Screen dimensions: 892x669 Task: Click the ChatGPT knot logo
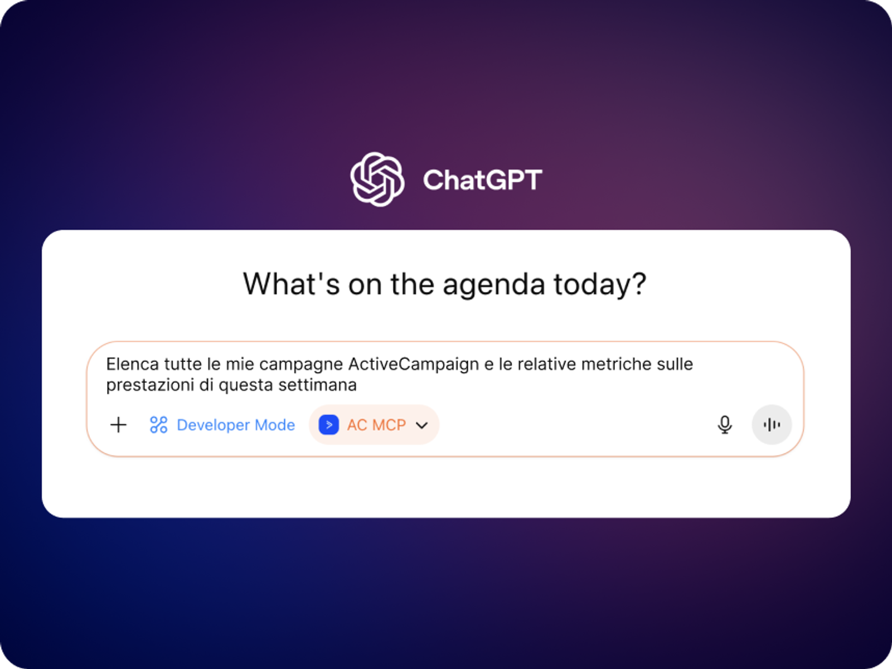[x=377, y=179]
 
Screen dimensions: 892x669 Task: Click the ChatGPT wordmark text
[x=482, y=180]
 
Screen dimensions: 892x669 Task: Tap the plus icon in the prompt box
[x=119, y=425]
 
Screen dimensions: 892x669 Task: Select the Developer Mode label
[x=236, y=425]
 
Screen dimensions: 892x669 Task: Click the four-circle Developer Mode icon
[x=158, y=425]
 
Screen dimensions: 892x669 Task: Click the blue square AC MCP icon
[x=329, y=425]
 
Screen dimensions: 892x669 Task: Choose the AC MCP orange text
[x=376, y=425]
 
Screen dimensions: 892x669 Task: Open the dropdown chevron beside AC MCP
[x=422, y=425]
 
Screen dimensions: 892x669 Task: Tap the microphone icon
[x=725, y=425]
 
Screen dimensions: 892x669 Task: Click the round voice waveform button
[x=772, y=425]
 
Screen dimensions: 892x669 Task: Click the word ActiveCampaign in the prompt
[x=414, y=365]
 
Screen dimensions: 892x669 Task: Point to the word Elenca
[x=133, y=364]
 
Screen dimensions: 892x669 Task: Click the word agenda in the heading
[x=494, y=285]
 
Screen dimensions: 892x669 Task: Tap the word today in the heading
[x=600, y=284]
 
